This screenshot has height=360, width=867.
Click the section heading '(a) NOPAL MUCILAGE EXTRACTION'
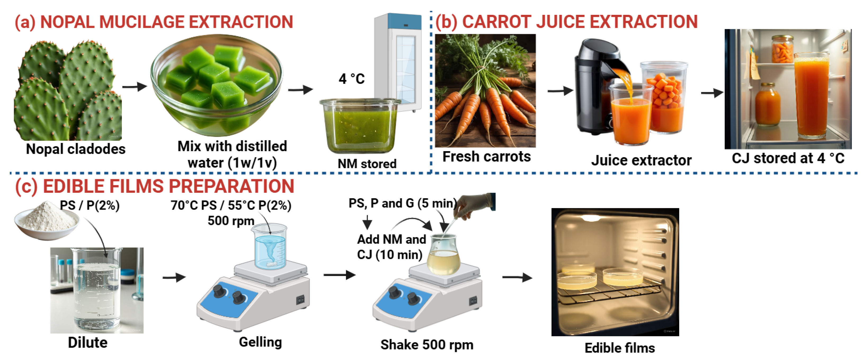[x=154, y=22]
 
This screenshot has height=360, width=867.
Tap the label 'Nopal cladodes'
[x=76, y=149]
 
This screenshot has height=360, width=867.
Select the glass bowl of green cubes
[x=217, y=86]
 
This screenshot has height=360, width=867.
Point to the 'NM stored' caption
[x=367, y=164]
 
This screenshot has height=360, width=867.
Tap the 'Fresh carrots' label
[x=486, y=157]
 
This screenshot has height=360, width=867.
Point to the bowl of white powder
[x=46, y=221]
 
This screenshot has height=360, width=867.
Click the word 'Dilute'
[x=87, y=343]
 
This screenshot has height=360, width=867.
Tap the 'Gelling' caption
[x=260, y=342]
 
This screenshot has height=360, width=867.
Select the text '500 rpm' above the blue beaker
[x=231, y=221]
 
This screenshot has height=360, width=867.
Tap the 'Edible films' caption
[x=620, y=348]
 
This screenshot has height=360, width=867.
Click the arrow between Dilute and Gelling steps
[x=174, y=278]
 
